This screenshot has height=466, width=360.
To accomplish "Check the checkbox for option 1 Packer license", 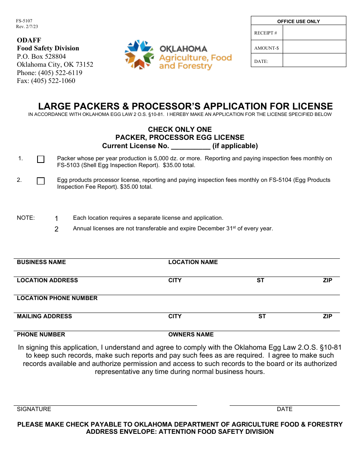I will pyautogui.click(x=41, y=160).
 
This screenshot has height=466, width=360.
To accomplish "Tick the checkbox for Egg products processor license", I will pyautogui.click(x=41, y=181).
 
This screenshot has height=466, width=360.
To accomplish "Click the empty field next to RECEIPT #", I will pyautogui.click(x=314, y=33).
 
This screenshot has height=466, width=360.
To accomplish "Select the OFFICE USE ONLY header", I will pyautogui.click(x=299, y=21).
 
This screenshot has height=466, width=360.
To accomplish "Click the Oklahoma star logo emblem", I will pyautogui.click(x=139, y=54).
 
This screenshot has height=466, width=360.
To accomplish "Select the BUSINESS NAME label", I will pyautogui.click(x=41, y=262).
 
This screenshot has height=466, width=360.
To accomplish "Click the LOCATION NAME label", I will pyautogui.click(x=193, y=262).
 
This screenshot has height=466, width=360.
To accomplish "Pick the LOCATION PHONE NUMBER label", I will pyautogui.click(x=57, y=298).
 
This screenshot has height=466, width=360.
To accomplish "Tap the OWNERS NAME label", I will pyautogui.click(x=191, y=335).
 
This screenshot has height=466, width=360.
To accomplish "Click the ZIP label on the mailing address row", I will pyautogui.click(x=327, y=316).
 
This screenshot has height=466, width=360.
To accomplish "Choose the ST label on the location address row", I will pyautogui.click(x=260, y=280).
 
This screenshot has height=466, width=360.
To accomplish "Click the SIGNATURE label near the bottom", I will pyautogui.click(x=34, y=409).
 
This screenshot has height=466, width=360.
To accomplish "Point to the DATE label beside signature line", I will pyautogui.click(x=285, y=409).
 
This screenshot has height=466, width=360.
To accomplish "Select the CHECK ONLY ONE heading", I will pyautogui.click(x=180, y=130).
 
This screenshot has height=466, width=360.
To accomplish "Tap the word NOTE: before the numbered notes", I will pyautogui.click(x=26, y=218).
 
